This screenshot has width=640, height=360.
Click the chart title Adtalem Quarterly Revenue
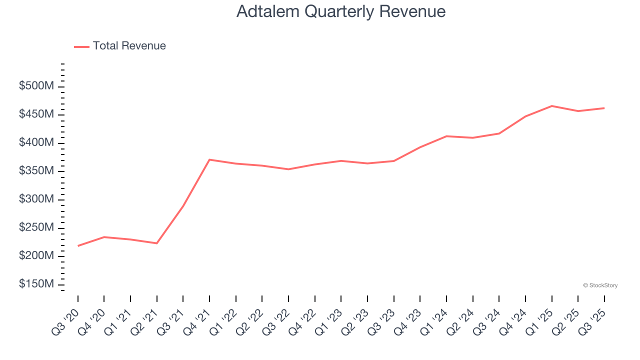pyautogui.click(x=341, y=11)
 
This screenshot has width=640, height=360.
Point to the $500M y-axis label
pyautogui.click(x=36, y=86)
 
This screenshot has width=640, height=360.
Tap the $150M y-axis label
pyautogui.click(x=36, y=284)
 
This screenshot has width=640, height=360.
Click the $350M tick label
pyautogui.click(x=36, y=171)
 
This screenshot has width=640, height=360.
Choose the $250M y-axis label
pyautogui.click(x=36, y=227)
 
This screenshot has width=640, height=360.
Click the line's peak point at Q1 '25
pyautogui.click(x=551, y=106)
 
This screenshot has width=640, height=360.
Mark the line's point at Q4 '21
pyautogui.click(x=209, y=159)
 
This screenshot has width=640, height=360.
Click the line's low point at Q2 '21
pyautogui.click(x=157, y=243)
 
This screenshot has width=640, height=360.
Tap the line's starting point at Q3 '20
pyautogui.click(x=78, y=246)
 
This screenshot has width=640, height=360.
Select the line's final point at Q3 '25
pyautogui.click(x=604, y=108)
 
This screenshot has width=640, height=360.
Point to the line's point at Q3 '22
pyautogui.click(x=288, y=169)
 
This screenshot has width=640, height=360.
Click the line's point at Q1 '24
pyautogui.click(x=446, y=136)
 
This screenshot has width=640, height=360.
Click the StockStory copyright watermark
pyautogui.click(x=600, y=285)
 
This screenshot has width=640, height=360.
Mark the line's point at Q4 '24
pyautogui.click(x=525, y=116)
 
